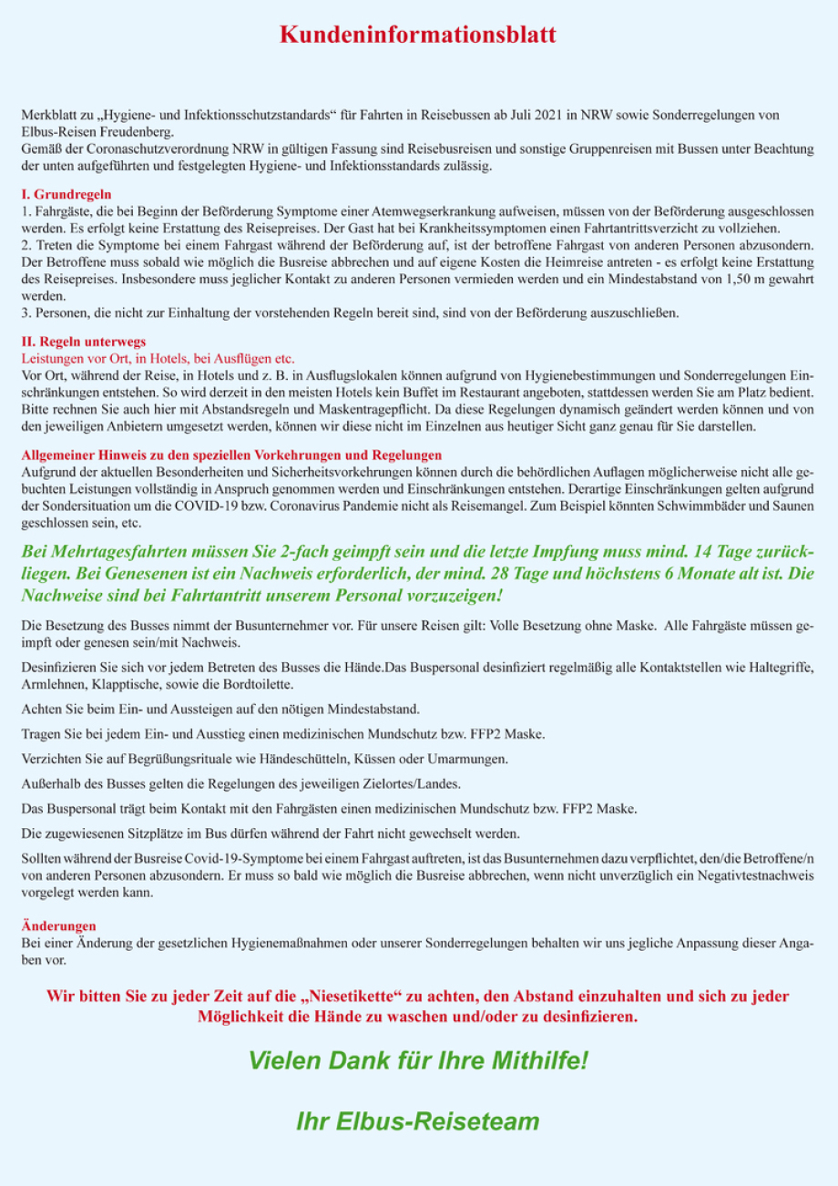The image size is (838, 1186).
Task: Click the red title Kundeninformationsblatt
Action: [418, 36]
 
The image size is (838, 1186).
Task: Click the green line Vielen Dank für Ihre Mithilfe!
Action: [418, 1061]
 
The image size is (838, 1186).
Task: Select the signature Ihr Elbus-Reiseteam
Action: [418, 1121]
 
